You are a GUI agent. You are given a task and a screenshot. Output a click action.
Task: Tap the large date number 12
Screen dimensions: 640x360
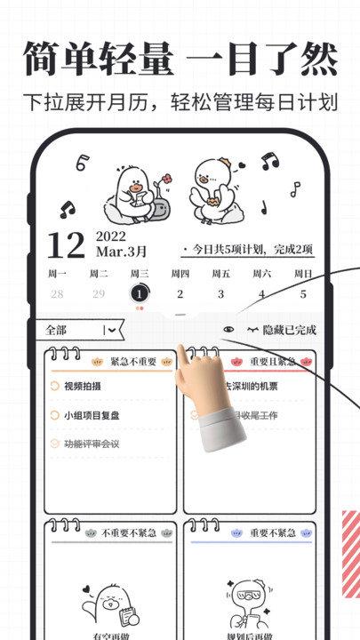(x=65, y=244)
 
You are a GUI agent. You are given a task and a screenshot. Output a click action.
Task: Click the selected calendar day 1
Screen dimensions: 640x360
(x=139, y=293)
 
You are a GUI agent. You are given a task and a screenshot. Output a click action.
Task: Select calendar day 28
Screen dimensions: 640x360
(x=57, y=293)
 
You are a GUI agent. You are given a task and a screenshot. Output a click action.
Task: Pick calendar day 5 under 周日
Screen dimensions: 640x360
(x=303, y=293)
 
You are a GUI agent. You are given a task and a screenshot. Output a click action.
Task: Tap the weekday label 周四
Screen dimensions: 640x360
(x=180, y=273)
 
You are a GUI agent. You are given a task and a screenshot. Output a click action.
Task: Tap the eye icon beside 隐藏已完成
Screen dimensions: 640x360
(x=229, y=330)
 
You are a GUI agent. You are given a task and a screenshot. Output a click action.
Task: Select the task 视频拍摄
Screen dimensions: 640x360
(x=84, y=387)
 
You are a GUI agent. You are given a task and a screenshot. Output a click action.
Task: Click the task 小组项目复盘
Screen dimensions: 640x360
(x=92, y=415)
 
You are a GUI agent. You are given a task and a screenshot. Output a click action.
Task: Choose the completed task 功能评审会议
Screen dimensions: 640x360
(x=91, y=444)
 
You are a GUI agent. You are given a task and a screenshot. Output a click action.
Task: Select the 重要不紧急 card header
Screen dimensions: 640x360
(x=267, y=532)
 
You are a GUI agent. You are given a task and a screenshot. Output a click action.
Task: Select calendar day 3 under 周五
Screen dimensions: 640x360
(x=220, y=293)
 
